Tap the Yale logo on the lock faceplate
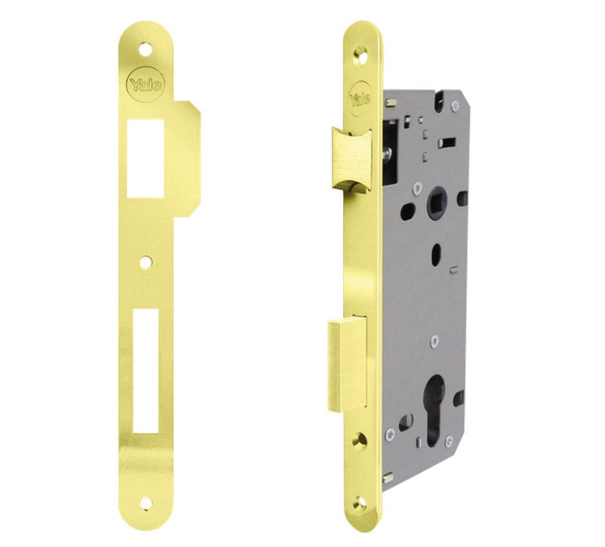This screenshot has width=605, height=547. [360, 99]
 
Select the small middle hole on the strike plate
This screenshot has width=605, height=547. [146, 263]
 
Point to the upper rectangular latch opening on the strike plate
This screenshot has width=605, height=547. [146, 158]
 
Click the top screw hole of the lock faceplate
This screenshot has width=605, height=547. [359, 56]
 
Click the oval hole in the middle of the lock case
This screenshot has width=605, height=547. [437, 254]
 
